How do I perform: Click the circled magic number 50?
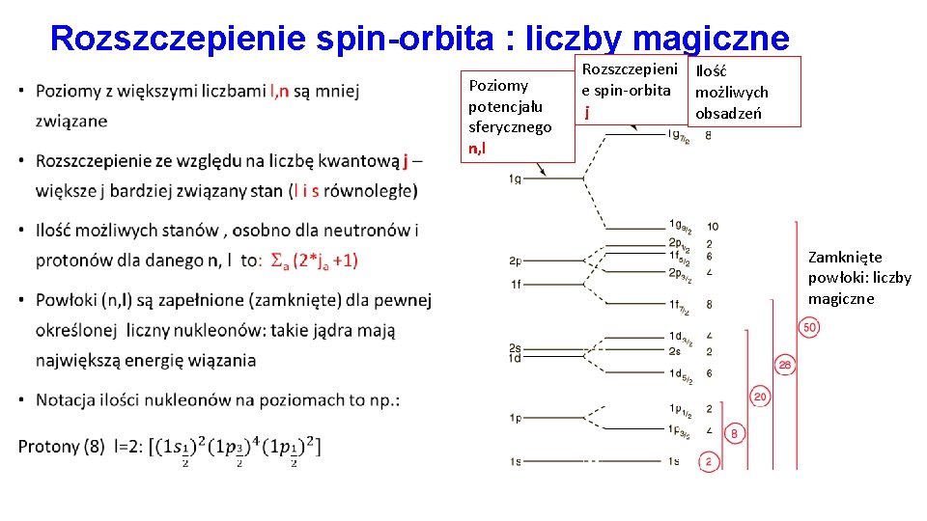pos(809,328)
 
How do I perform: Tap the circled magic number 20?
pos(760,397)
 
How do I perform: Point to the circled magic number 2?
pos(708,462)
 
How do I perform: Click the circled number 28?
pos(785,364)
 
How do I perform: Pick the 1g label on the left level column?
pos(516,179)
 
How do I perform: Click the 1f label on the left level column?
pos(516,285)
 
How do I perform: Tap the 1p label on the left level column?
pos(516,418)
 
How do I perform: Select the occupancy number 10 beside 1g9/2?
pos(712,228)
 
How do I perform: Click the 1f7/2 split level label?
pos(680,306)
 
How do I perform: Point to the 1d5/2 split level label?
pos(680,374)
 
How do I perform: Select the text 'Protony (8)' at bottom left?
pos(61,446)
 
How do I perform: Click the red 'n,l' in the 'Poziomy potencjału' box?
pos(477,148)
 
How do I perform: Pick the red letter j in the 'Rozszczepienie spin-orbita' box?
pos(586,112)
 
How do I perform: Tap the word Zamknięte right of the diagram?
pos(845,258)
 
